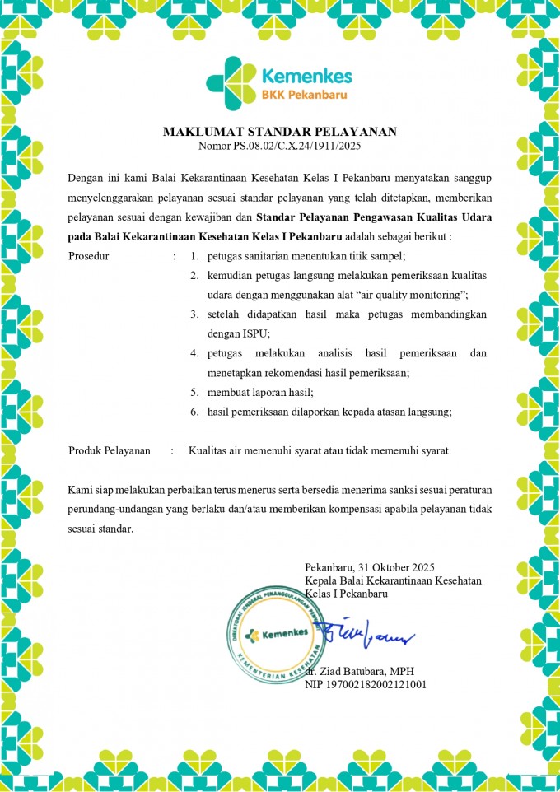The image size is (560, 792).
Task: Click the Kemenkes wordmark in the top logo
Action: (306, 77)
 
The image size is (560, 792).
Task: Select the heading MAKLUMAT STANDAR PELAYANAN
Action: (279, 132)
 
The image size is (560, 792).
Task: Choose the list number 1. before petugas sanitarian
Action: (194, 256)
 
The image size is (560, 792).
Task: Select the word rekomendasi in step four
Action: (301, 372)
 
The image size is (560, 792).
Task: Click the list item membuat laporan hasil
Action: (261, 392)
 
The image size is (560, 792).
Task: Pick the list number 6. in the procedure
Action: (194, 412)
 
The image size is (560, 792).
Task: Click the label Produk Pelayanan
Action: (109, 450)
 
